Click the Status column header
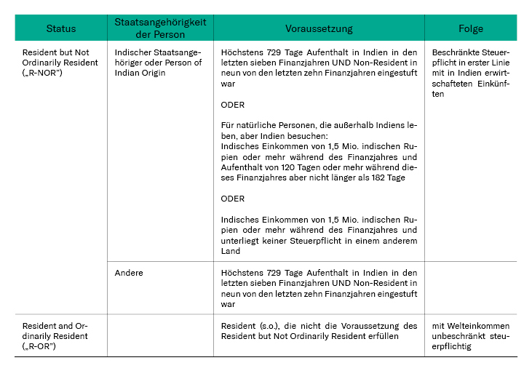pyautogui.click(x=60, y=28)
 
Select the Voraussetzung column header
pyautogui.click(x=319, y=28)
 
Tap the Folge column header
pyautogui.click(x=470, y=28)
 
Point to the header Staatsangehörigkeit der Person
pyautogui.click(x=160, y=28)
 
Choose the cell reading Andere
pyautogui.click(x=129, y=273)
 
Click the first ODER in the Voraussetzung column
pyautogui.click(x=232, y=105)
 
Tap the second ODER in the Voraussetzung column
pyautogui.click(x=232, y=199)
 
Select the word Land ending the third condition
pyautogui.click(x=230, y=251)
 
